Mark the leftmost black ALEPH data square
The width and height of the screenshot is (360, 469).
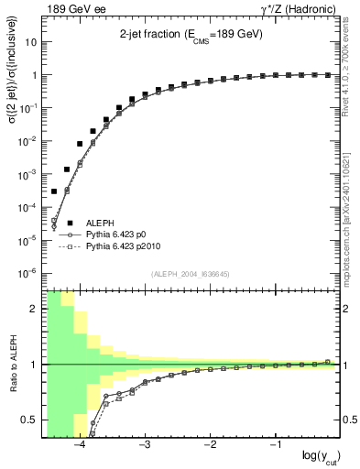click(54, 191)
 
